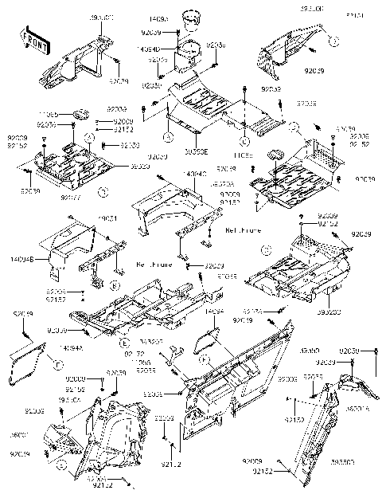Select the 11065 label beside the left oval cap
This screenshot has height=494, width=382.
pos(49,116)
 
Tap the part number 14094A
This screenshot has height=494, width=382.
pos(68,348)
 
